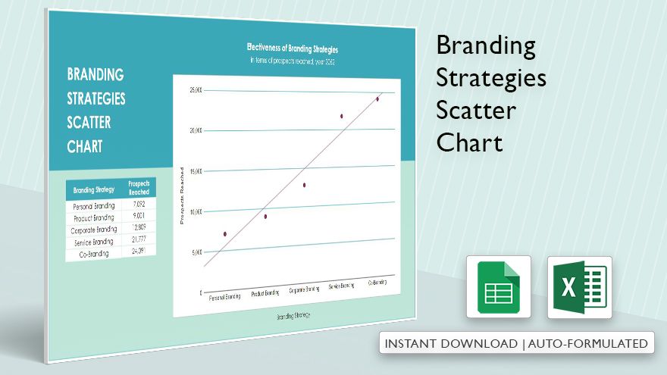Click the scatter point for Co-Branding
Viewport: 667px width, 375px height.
[377, 98]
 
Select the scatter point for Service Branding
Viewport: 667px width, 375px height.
[342, 116]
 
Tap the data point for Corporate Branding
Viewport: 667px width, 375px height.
[305, 185]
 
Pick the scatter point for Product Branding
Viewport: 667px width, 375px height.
[265, 217]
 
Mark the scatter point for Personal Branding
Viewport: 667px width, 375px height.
[225, 234]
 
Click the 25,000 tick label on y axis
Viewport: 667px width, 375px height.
[195, 90]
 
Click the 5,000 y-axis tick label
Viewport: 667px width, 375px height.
[196, 252]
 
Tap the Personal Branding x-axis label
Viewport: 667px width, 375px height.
[224, 296]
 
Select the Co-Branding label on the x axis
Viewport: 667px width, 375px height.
[377, 283]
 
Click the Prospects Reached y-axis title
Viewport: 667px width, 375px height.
[183, 195]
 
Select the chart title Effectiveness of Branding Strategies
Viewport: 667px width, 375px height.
[293, 48]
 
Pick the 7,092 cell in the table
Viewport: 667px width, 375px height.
[138, 204]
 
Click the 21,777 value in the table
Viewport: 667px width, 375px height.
[138, 239]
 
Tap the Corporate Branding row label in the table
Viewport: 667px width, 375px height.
[94, 230]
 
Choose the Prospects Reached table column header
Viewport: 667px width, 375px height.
[138, 188]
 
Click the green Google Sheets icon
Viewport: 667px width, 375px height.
[498, 287]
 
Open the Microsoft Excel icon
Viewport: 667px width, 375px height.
[579, 287]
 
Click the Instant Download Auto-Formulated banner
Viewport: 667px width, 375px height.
[517, 343]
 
